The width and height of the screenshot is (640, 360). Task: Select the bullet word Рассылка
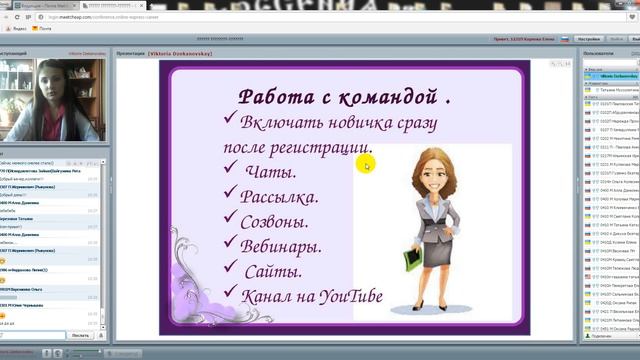[x=282, y=197]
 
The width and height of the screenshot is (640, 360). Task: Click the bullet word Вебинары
[x=281, y=245]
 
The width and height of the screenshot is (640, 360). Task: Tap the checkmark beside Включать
[x=231, y=120]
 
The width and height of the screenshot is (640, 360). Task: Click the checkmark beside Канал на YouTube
[x=232, y=292]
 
